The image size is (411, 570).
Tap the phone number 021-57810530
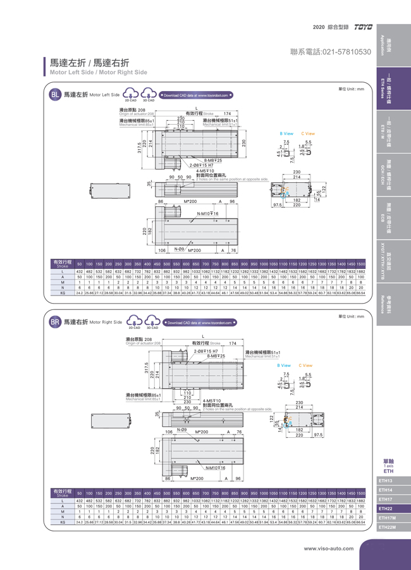coord(330,51)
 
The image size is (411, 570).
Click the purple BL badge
coord(55,95)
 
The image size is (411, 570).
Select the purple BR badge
coord(55,322)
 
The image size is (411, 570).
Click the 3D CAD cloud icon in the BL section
coord(149,94)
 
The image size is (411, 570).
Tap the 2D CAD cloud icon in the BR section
coord(134,321)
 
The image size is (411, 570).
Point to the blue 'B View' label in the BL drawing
coord(286,134)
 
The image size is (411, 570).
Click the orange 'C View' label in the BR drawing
coord(305,365)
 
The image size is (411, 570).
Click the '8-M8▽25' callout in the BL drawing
coord(212,160)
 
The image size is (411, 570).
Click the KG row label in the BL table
coord(63,293)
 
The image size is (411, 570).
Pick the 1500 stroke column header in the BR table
coord(360,492)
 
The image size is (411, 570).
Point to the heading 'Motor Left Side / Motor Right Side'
coord(99,73)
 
